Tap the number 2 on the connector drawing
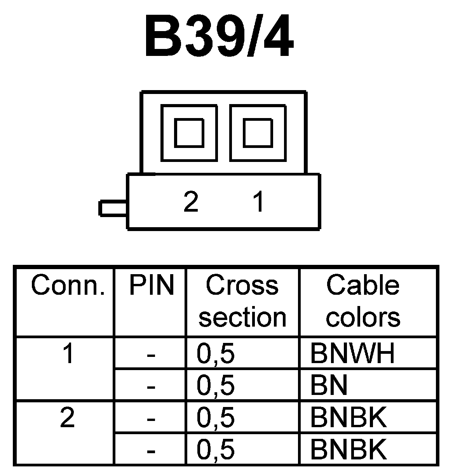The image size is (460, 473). (x=191, y=202)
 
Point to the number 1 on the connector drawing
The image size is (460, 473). (x=258, y=202)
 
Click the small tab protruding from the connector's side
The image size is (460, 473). (x=113, y=208)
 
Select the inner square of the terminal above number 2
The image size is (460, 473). (x=189, y=133)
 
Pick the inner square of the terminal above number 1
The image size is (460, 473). (x=258, y=133)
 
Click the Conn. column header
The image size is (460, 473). (x=68, y=285)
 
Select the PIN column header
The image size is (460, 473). (x=151, y=285)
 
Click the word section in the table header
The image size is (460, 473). (x=242, y=317)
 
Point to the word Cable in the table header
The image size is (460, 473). (x=362, y=285)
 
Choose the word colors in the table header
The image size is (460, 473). (x=363, y=317)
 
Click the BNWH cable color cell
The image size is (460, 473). (x=352, y=353)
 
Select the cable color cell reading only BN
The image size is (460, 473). (x=329, y=386)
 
